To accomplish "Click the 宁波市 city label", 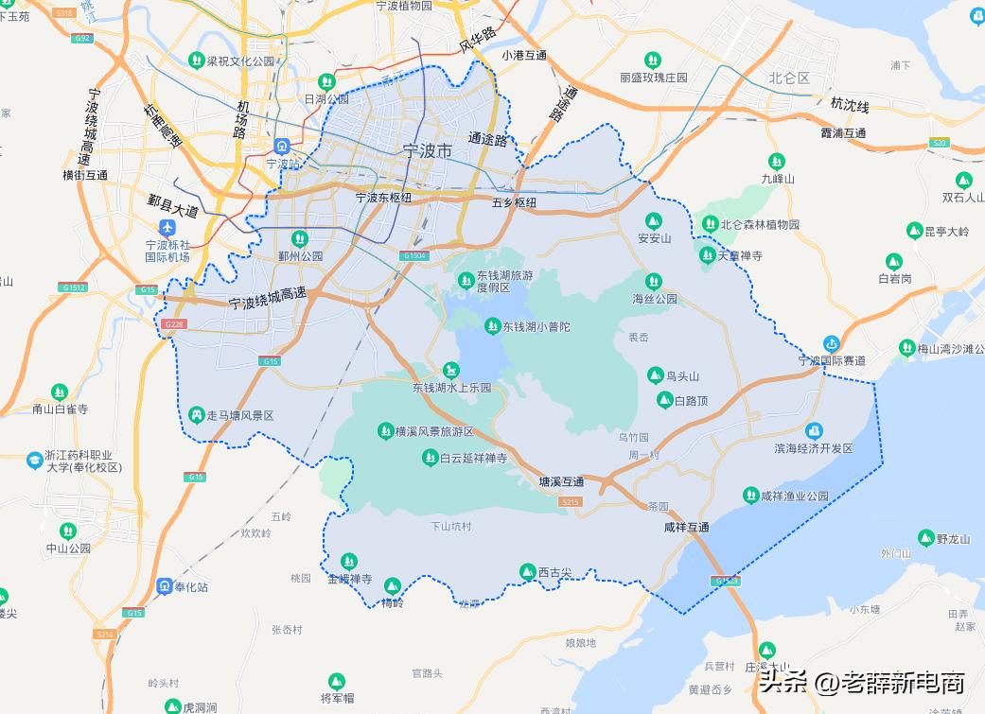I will [x=427, y=151].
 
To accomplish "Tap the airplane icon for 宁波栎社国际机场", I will [x=167, y=228].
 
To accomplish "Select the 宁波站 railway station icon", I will [x=281, y=147].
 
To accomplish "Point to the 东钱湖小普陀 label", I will [x=536, y=327].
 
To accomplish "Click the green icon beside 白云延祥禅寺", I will [x=429, y=458].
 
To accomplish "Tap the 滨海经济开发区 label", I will [x=814, y=448].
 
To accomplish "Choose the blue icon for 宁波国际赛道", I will [x=832, y=343].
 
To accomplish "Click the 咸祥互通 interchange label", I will [x=686, y=527].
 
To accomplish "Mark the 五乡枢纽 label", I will [x=514, y=202].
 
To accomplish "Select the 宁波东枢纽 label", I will [x=383, y=198].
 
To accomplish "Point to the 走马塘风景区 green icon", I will [x=196, y=414].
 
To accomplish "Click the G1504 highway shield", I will [x=413, y=255].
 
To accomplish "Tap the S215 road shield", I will [x=570, y=502].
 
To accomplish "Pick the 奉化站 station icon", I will [x=165, y=586].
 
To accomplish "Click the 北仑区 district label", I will [x=788, y=78].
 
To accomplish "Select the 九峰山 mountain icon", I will [x=777, y=161].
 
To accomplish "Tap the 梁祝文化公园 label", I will [x=240, y=61].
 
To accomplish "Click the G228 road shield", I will [x=173, y=324].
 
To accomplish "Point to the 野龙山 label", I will [x=953, y=539].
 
